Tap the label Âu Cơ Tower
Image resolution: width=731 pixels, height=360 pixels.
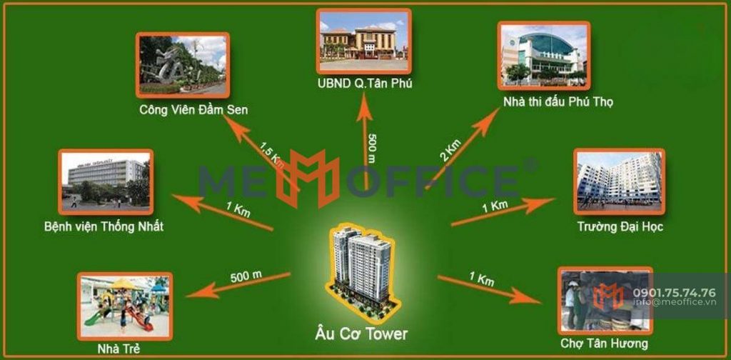tap(361, 334)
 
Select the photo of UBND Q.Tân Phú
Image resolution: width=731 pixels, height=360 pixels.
tap(363, 41)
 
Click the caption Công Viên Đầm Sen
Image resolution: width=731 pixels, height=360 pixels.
tap(194, 111)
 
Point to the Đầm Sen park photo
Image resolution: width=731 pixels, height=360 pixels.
tap(183, 65)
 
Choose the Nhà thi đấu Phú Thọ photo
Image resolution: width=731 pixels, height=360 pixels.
tap(544, 55)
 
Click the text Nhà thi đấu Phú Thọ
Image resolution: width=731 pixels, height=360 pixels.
tap(558, 102)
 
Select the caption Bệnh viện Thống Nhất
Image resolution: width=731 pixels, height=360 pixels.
tap(104, 227)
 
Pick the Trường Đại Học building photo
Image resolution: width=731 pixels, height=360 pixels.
tap(619, 181)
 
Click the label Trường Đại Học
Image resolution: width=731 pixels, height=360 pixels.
tap(620, 227)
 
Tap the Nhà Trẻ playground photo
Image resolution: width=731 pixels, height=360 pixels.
tap(125, 306)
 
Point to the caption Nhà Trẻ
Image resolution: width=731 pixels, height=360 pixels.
tap(119, 348)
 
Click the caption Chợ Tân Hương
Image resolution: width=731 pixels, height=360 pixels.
tap(604, 344)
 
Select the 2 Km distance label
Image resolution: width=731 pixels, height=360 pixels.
tap(450, 151)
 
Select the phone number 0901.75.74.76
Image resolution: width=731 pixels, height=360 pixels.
tap(674, 293)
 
